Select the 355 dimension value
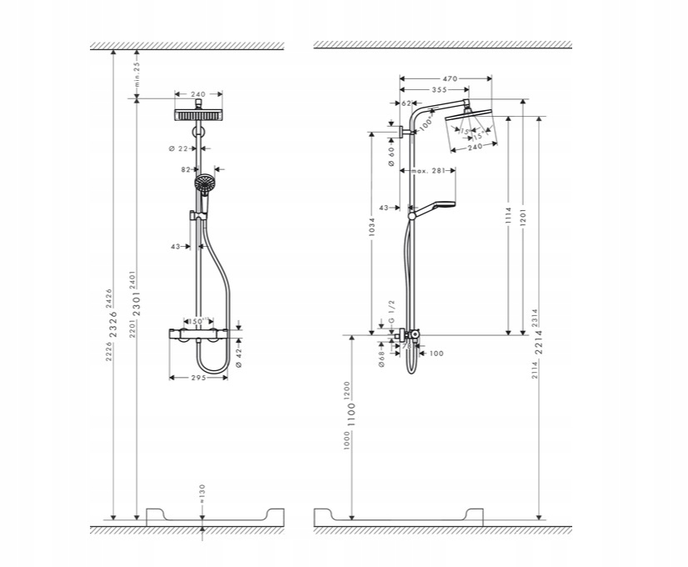pos(435,89)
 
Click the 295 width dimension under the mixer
pos(197,378)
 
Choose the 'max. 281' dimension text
pos(426,171)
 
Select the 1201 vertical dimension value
pos(522,218)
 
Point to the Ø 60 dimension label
pos(391,158)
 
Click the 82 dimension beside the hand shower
pos(186,169)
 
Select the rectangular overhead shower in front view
pos(199,114)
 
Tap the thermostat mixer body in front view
pos(199,334)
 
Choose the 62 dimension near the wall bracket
pos(406,103)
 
